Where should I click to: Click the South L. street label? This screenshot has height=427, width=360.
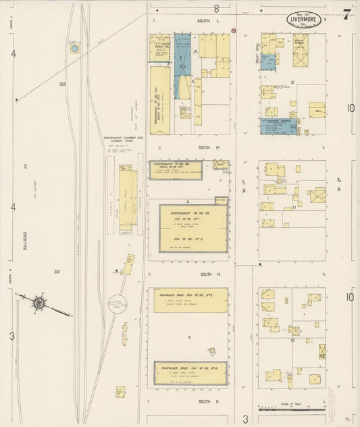(204, 22)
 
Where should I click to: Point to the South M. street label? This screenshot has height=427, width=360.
(204, 147)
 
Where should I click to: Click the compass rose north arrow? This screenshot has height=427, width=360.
(39, 303)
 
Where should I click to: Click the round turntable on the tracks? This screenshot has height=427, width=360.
(119, 303)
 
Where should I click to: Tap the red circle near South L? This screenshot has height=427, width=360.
(233, 30)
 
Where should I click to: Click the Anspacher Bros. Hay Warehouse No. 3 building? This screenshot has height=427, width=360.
(190, 300)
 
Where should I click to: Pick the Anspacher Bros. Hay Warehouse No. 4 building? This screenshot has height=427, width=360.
(190, 372)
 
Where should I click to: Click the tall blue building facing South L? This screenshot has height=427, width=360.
(182, 66)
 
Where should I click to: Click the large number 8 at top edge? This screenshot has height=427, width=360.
(217, 8)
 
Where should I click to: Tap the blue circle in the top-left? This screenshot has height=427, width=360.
(74, 48)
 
